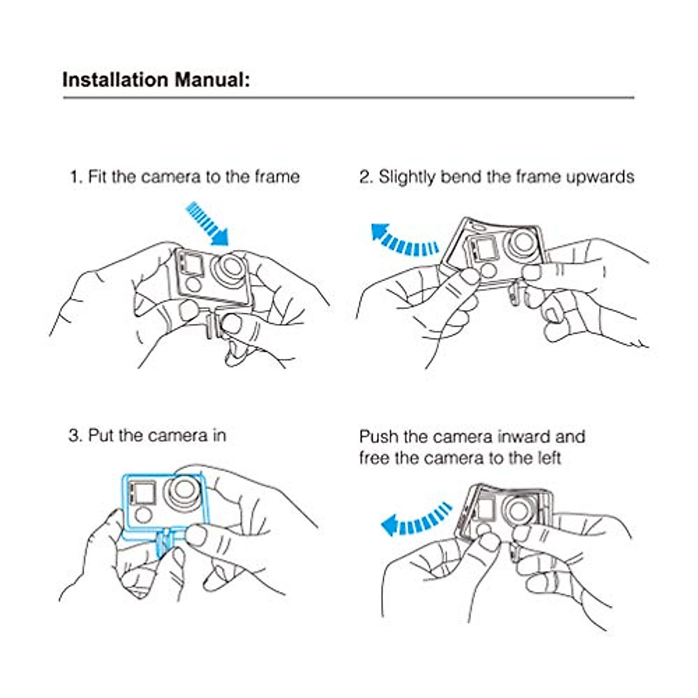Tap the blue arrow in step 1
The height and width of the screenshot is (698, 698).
(x=207, y=222)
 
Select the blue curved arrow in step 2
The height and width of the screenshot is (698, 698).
(x=404, y=240)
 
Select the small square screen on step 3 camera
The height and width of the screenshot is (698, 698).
(x=141, y=493)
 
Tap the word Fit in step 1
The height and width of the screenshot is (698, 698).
(x=97, y=177)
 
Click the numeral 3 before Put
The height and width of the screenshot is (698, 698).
(x=73, y=436)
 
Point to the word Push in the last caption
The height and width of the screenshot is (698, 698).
(x=379, y=437)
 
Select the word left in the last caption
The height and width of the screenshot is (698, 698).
(x=547, y=458)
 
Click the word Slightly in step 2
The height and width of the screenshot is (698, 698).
(x=408, y=177)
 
